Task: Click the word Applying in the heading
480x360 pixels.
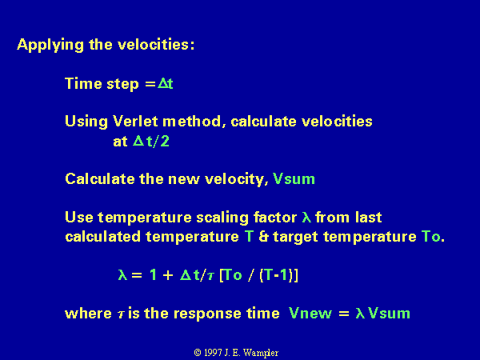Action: point(50,46)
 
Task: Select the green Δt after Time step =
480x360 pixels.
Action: point(166,83)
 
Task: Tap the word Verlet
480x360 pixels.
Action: point(136,122)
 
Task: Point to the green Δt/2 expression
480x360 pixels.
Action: point(151,141)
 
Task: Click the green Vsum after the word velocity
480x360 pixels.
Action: point(294,178)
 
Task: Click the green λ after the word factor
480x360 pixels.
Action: point(306,217)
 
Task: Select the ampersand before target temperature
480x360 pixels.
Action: point(263,237)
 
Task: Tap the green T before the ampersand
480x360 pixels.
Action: point(249,237)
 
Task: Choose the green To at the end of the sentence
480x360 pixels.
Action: point(431,237)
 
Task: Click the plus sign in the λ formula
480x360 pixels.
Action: point(168,275)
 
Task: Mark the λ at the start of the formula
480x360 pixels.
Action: point(122,274)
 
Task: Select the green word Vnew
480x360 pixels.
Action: point(310,314)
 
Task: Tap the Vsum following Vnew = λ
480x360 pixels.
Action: point(389,314)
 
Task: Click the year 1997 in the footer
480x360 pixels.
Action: point(213,353)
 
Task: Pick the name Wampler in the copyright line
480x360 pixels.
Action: point(261,353)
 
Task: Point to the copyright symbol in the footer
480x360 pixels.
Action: point(198,353)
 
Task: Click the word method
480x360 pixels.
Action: point(192,122)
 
